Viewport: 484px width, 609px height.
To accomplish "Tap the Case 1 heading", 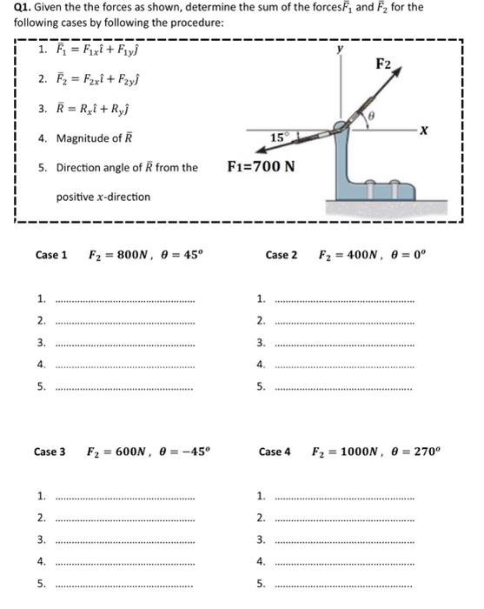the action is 51,255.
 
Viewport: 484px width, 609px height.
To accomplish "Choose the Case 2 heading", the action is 282,255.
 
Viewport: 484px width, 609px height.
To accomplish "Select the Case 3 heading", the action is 50,452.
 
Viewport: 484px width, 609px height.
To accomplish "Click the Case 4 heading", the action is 275,452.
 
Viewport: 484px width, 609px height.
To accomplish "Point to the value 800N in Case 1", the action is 123,255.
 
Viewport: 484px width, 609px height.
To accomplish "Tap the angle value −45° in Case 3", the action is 191,452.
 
